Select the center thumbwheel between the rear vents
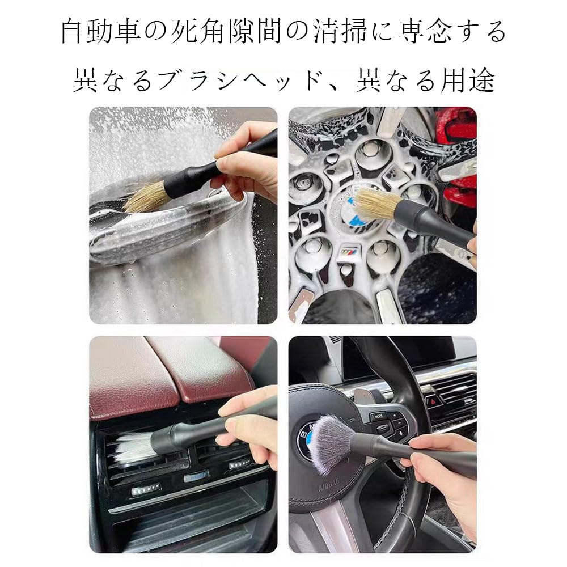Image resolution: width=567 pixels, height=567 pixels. tap(196, 475)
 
